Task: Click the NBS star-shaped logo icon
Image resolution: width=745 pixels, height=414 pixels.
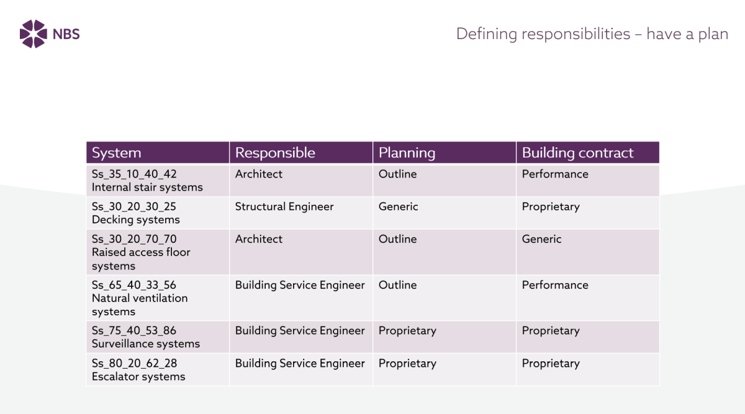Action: [34, 34]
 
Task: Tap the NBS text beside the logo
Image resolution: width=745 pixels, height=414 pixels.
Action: [66, 34]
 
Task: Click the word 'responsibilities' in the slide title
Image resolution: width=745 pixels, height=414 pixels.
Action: [576, 34]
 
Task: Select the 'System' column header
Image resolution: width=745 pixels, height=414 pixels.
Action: [117, 153]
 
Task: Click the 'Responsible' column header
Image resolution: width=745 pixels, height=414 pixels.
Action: [275, 153]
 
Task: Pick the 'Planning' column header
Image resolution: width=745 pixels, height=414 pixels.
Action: [407, 153]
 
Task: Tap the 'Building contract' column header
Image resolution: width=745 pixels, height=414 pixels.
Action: [578, 153]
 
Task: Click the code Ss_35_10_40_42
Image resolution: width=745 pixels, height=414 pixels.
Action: [134, 174]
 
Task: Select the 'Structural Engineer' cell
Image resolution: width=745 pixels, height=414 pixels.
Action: [284, 207]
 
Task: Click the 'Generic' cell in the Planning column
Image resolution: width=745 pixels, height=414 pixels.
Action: [398, 207]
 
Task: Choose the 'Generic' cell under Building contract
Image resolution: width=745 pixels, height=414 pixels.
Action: [541, 239]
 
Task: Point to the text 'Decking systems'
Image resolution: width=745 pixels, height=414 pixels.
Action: [136, 220]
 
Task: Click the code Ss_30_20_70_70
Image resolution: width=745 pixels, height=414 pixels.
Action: [134, 239]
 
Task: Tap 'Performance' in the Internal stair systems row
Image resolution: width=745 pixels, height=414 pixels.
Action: [555, 174]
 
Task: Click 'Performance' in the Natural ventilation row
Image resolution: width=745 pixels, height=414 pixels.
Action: [555, 285]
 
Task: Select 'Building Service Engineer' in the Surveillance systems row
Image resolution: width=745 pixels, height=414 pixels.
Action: [300, 331]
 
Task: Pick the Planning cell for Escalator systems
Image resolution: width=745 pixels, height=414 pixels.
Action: [407, 364]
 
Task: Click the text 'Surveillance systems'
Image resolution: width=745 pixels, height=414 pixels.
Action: [146, 343]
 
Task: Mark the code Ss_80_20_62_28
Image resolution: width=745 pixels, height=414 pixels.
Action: [134, 363]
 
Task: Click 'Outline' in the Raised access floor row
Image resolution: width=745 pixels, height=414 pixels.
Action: [397, 239]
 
